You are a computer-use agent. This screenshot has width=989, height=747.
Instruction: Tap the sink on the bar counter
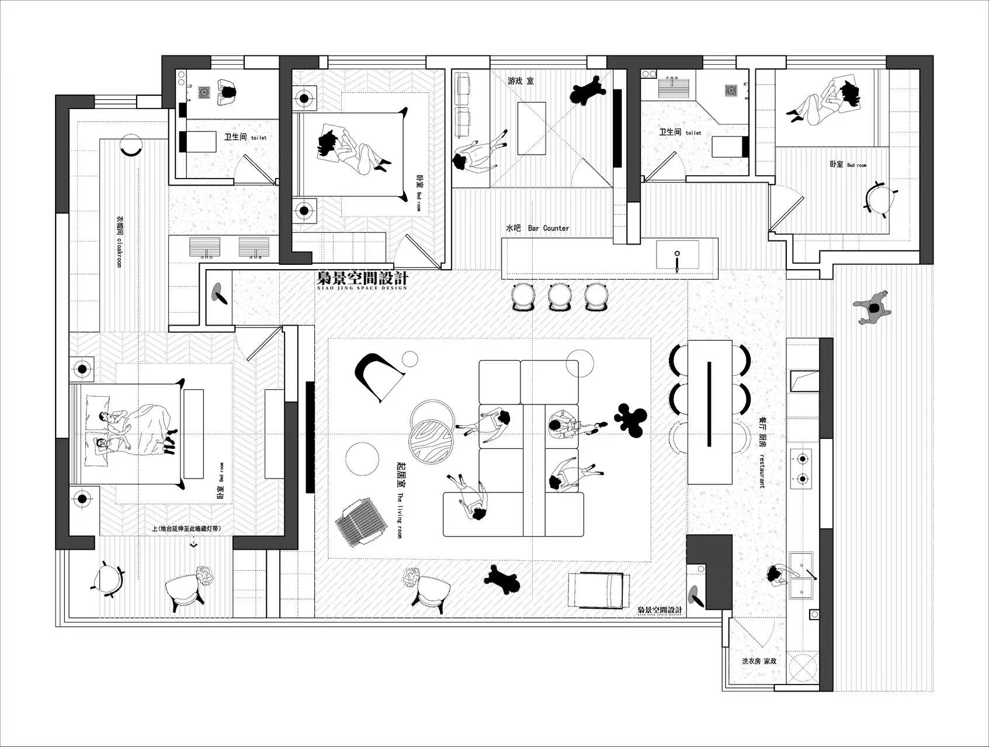tap(677, 255)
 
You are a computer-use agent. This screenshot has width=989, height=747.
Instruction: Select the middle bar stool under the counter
tap(559, 296)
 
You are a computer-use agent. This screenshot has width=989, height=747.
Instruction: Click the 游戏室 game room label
tap(520, 81)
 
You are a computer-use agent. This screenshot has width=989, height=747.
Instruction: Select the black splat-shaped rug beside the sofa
tap(630, 418)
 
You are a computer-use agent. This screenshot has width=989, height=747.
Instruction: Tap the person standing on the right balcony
tap(872, 308)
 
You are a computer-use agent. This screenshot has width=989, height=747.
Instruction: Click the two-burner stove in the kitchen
tap(801, 469)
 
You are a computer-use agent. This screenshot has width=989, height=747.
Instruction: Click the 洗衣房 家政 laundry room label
tap(759, 661)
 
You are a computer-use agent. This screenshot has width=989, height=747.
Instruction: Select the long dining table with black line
tap(710, 411)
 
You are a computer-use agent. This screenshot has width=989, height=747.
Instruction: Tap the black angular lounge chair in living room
tap(377, 375)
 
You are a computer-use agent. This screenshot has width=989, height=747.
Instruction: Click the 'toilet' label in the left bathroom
tap(258, 138)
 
